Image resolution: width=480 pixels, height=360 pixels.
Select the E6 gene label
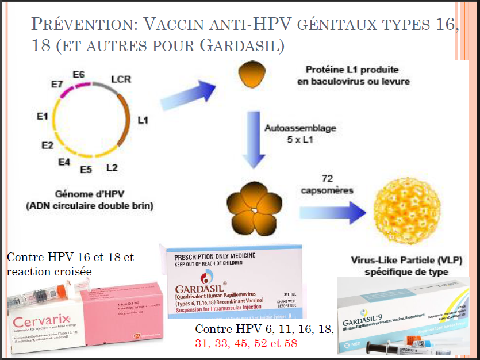coord(78,74)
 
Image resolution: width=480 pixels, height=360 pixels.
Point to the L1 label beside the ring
coord(143,120)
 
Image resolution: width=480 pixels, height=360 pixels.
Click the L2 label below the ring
coord(112,168)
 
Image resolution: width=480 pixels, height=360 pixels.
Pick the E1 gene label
coord(41,116)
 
